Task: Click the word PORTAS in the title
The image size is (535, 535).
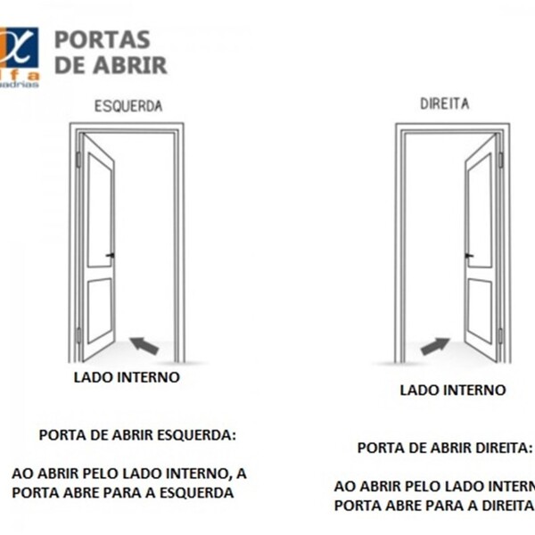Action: pyautogui.click(x=103, y=40)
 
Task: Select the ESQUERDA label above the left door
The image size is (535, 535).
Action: pyautogui.click(x=128, y=105)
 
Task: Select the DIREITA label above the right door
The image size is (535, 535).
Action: pyautogui.click(x=444, y=103)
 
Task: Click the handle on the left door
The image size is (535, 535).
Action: pyautogui.click(x=111, y=256)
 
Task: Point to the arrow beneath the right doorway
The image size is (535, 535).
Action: pyautogui.click(x=435, y=345)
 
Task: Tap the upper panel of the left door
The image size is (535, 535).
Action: pyautogui.click(x=98, y=210)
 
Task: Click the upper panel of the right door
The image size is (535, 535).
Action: pyautogui.click(x=480, y=210)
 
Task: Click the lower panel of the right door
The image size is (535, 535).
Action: pyautogui.click(x=480, y=309)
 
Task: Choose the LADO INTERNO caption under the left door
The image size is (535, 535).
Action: pyautogui.click(x=126, y=377)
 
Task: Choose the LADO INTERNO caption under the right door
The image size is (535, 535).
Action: pyautogui.click(x=452, y=391)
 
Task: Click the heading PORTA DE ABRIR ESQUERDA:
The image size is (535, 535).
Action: pyautogui.click(x=138, y=435)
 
